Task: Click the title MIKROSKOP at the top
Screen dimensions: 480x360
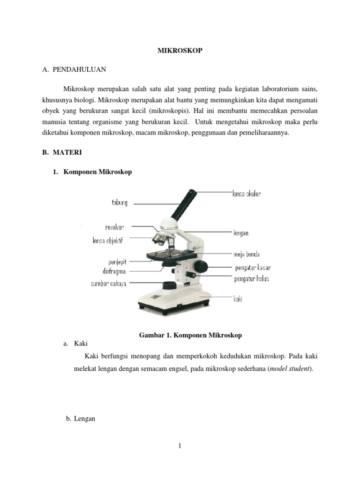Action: [x=180, y=50]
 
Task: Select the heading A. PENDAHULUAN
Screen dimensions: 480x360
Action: [x=74, y=70]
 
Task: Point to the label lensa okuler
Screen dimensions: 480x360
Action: [x=247, y=193]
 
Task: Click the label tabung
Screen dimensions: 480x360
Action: [x=119, y=203]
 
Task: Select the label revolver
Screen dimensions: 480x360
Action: [x=114, y=227]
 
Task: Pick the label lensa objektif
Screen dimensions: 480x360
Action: [x=107, y=241]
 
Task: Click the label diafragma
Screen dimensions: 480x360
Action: [x=114, y=271]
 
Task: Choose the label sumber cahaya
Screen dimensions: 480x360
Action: [x=108, y=283]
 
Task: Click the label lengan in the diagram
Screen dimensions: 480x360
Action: [x=240, y=233]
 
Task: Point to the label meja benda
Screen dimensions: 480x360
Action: [x=247, y=255]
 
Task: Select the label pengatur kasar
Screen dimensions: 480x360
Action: [x=252, y=268]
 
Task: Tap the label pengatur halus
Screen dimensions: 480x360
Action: [x=251, y=279]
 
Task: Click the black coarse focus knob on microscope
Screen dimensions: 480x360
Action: [x=202, y=266]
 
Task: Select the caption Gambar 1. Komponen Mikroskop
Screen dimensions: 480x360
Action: [x=190, y=336]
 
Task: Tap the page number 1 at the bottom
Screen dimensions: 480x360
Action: [x=180, y=446]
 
